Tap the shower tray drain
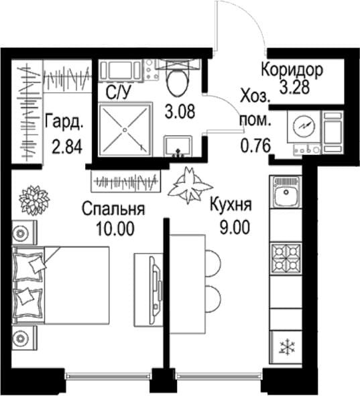(x=125, y=130)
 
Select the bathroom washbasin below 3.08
(x=178, y=146)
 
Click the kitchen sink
(x=286, y=192)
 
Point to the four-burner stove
(x=286, y=259)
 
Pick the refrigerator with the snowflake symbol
(x=286, y=348)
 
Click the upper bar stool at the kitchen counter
(x=213, y=263)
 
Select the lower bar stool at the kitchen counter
(x=213, y=298)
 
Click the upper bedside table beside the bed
(x=25, y=233)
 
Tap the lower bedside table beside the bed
(x=25, y=338)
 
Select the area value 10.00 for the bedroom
(x=115, y=228)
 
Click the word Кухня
(x=231, y=205)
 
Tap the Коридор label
(x=292, y=69)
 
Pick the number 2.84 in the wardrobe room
(x=67, y=147)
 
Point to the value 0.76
(x=255, y=146)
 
